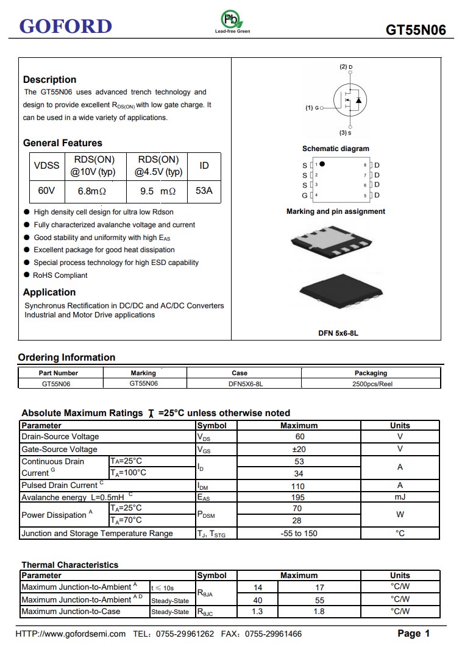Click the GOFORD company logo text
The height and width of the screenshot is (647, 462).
pyautogui.click(x=66, y=26)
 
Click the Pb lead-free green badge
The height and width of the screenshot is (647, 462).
pyautogui.click(x=232, y=19)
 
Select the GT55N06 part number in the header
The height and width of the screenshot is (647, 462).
pyautogui.click(x=416, y=30)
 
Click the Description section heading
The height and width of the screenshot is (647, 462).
pyautogui.click(x=49, y=79)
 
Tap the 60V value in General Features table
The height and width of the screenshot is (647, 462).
pyautogui.click(x=47, y=191)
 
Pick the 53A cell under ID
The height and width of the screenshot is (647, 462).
pyautogui.click(x=204, y=191)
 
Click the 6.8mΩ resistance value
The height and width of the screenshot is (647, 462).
pyautogui.click(x=92, y=191)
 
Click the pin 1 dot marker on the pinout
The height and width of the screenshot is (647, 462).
pyautogui.click(x=322, y=164)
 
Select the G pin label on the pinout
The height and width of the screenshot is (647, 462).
pyautogui.click(x=305, y=196)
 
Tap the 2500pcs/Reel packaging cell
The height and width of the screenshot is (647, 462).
pyautogui.click(x=372, y=384)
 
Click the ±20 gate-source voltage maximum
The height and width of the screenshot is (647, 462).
pyautogui.click(x=299, y=449)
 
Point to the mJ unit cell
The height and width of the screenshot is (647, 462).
pyautogui.click(x=400, y=497)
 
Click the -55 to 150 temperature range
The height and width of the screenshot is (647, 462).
pyautogui.click(x=299, y=533)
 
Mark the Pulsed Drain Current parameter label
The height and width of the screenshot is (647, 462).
pyautogui.click(x=59, y=485)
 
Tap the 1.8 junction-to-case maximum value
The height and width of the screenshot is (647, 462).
pyautogui.click(x=319, y=611)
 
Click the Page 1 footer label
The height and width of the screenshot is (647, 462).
pyautogui.click(x=414, y=634)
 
